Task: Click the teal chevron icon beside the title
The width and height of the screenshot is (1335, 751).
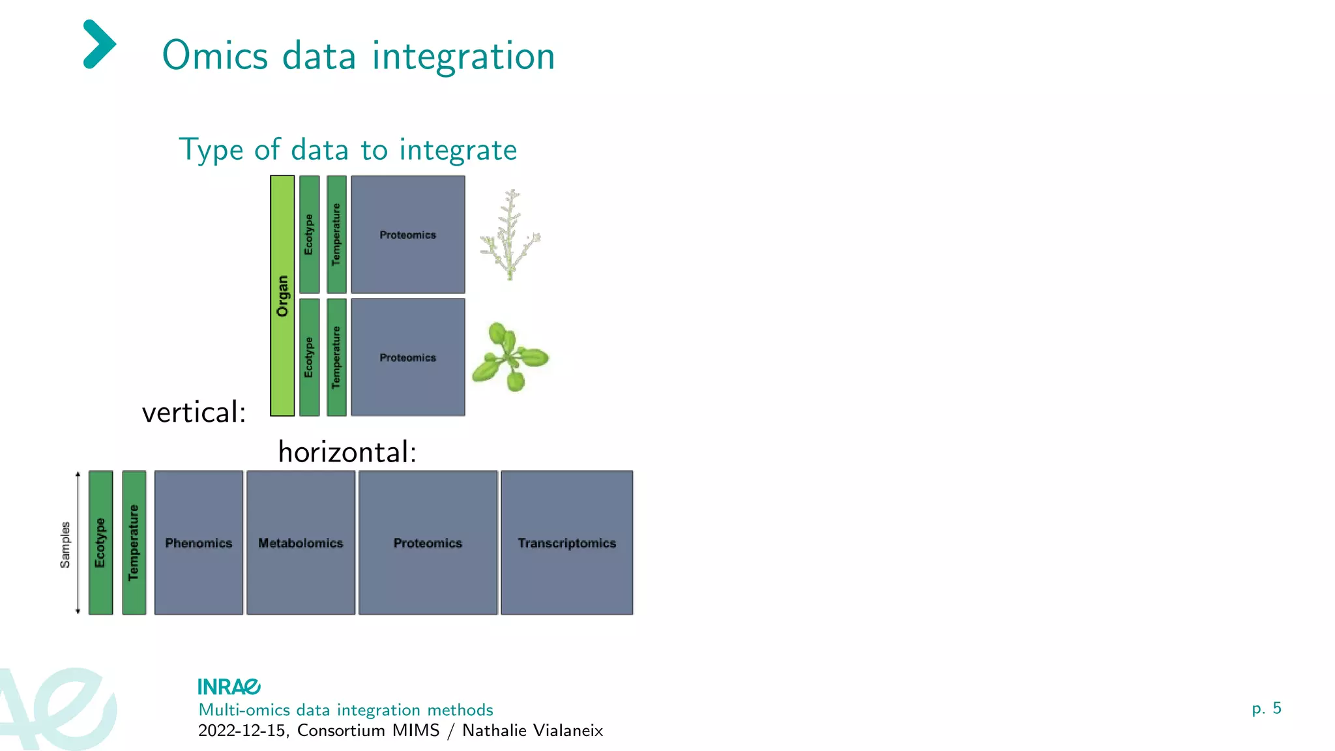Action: [99, 44]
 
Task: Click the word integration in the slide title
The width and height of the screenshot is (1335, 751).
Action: [463, 56]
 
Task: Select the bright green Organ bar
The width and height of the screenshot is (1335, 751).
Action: [282, 295]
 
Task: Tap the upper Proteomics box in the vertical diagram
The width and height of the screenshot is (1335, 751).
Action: [408, 235]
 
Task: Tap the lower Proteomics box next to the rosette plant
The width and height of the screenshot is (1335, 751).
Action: [408, 357]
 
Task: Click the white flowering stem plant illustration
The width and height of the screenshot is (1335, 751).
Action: [510, 235]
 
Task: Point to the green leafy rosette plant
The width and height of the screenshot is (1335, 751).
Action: [510, 357]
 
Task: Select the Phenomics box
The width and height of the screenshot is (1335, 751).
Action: [199, 542]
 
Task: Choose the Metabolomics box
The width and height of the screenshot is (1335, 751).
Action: [301, 542]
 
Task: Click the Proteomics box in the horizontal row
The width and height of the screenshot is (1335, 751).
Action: [428, 542]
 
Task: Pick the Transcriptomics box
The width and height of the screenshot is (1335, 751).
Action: [566, 542]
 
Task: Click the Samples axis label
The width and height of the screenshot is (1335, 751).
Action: [65, 544]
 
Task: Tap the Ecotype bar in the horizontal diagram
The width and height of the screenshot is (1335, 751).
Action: [100, 542]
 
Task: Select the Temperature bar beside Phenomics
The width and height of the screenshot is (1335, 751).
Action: [134, 542]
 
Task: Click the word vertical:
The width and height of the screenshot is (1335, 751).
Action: [194, 413]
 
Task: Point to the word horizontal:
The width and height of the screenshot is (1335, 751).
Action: [347, 452]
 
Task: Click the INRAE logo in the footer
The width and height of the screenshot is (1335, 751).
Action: [229, 686]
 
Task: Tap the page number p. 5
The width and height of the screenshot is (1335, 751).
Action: [1266, 708]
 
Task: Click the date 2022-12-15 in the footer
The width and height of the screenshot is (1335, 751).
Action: [241, 730]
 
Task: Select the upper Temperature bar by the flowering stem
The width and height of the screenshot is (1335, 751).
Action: [336, 234]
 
